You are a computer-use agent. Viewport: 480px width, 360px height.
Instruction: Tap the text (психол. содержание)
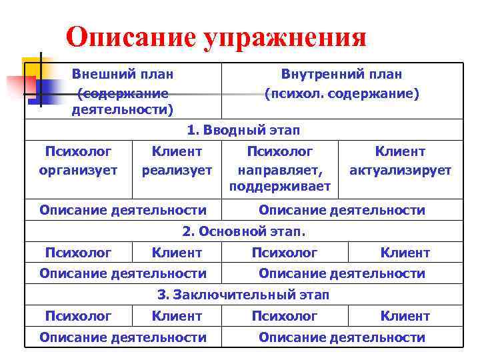tap(342, 94)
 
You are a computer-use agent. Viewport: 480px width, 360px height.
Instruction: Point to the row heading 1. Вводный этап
tap(243, 129)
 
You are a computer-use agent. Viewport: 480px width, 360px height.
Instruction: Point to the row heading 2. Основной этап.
tap(243, 231)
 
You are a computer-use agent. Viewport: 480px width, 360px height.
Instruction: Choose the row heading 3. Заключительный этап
tap(243, 294)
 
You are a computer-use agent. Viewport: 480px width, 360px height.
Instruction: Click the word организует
tap(78, 170)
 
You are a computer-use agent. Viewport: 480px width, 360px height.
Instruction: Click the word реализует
tap(177, 170)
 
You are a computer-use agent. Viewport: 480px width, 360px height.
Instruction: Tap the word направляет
tap(279, 170)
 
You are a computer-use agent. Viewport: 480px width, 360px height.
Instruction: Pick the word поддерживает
tap(279, 187)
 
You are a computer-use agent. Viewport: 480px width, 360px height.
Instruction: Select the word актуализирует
tap(400, 170)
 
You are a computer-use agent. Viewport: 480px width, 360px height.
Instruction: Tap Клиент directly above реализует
tap(177, 151)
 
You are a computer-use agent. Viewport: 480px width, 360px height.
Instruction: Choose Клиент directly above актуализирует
tap(400, 151)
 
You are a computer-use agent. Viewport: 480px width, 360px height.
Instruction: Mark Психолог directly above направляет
tap(279, 151)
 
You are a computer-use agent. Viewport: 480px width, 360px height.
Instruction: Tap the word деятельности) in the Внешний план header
tap(122, 109)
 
